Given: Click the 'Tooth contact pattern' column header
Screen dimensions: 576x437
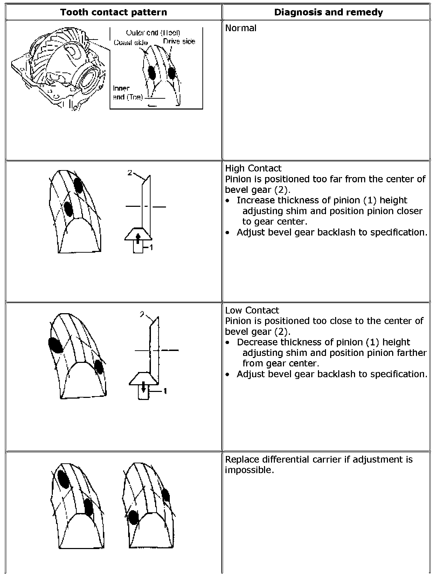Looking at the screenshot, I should point(113,12).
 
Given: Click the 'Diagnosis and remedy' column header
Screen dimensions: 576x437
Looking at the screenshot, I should point(328,12).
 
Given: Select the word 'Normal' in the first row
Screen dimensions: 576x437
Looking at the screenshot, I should point(241,28).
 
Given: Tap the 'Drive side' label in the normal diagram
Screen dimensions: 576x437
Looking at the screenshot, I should point(179,41).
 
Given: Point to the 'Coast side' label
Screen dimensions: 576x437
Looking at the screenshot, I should point(131,42).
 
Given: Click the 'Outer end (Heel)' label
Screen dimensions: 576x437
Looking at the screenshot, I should point(153,33).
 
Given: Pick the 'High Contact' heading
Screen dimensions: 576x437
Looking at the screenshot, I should point(253,168).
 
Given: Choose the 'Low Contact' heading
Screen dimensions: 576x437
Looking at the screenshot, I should point(252,310).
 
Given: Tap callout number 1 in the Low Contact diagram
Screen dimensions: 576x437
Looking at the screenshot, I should point(165,391).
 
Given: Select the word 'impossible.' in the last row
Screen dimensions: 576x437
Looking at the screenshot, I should point(249,470).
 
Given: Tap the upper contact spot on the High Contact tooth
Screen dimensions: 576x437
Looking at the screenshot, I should point(78,185).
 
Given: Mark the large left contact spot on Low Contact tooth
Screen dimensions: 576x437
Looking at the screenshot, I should point(56,345).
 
